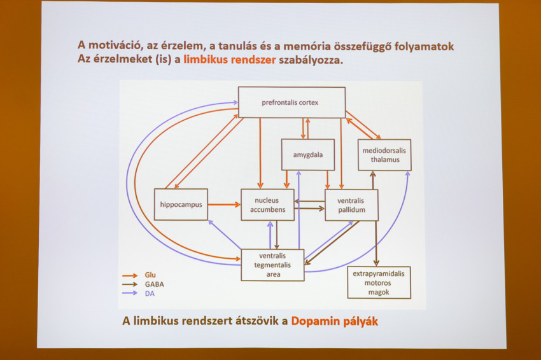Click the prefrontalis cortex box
pyautogui.click(x=290, y=102)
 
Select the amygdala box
pyautogui.click(x=307, y=155)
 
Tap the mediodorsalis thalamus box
pyautogui.click(x=384, y=155)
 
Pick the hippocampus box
pyautogui.click(x=181, y=204)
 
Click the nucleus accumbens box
pyautogui.click(x=267, y=204)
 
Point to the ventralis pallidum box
pyautogui.click(x=351, y=204)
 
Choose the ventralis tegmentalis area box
pyautogui.click(x=272, y=265)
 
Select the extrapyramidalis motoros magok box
pyautogui.click(x=379, y=282)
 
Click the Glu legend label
pyautogui.click(x=151, y=275)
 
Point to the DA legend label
pyautogui.click(x=150, y=293)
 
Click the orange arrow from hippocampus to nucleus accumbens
pyautogui.click(x=224, y=205)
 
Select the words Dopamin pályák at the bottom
pyautogui.click(x=334, y=321)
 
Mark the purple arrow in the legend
pyautogui.click(x=130, y=293)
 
